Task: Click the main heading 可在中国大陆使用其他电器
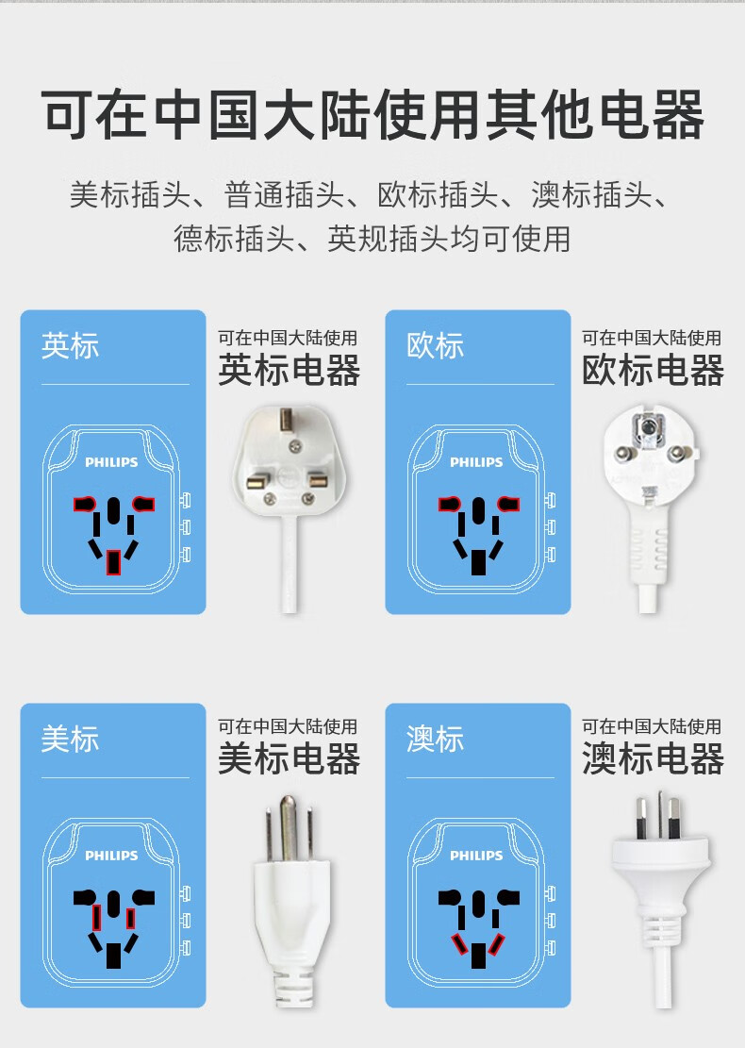372,114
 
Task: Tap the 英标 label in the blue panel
70,346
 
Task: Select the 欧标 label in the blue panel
435,346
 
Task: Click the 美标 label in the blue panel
70,740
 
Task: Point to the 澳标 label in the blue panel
435,740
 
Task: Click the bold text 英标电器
289,371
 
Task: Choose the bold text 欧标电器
653,371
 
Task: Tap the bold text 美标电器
289,758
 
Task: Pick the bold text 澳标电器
653,758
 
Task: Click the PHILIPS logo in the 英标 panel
111,462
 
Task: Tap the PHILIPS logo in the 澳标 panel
476,855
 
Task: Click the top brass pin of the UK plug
288,421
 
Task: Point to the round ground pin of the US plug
288,827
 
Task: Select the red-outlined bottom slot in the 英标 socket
113,562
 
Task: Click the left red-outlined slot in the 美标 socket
97,918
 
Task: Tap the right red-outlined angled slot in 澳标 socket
496,943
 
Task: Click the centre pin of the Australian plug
660,815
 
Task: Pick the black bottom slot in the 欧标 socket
478,562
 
